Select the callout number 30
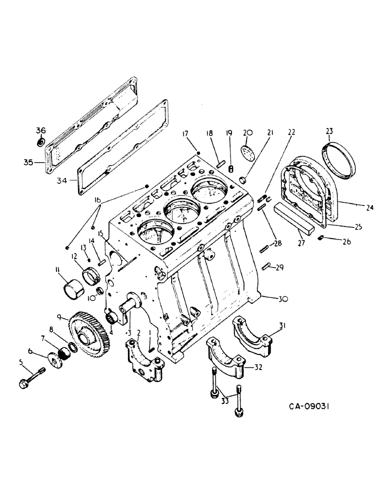(x=283, y=298)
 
